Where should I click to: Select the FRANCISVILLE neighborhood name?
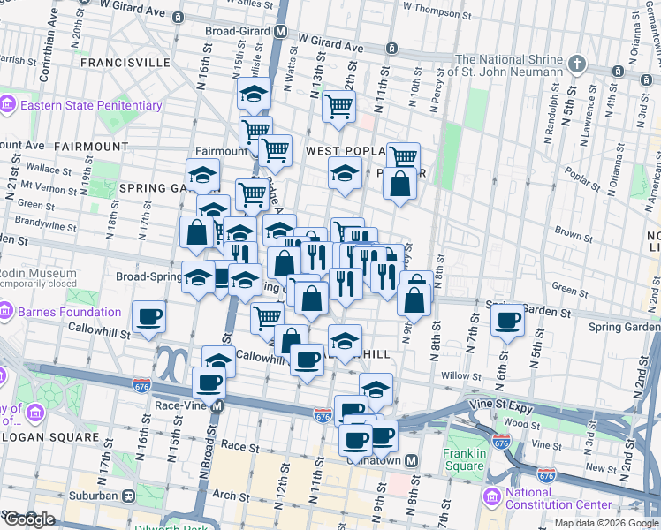click(124, 64)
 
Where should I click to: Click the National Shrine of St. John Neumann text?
click(507, 64)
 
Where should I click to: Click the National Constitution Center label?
click(557, 498)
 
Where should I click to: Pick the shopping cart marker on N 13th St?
click(338, 106)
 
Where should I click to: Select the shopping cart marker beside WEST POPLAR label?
click(403, 157)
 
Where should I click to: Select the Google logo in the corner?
click(28, 519)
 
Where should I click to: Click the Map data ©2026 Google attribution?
click(606, 523)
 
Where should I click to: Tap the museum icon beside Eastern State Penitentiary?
click(8, 105)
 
